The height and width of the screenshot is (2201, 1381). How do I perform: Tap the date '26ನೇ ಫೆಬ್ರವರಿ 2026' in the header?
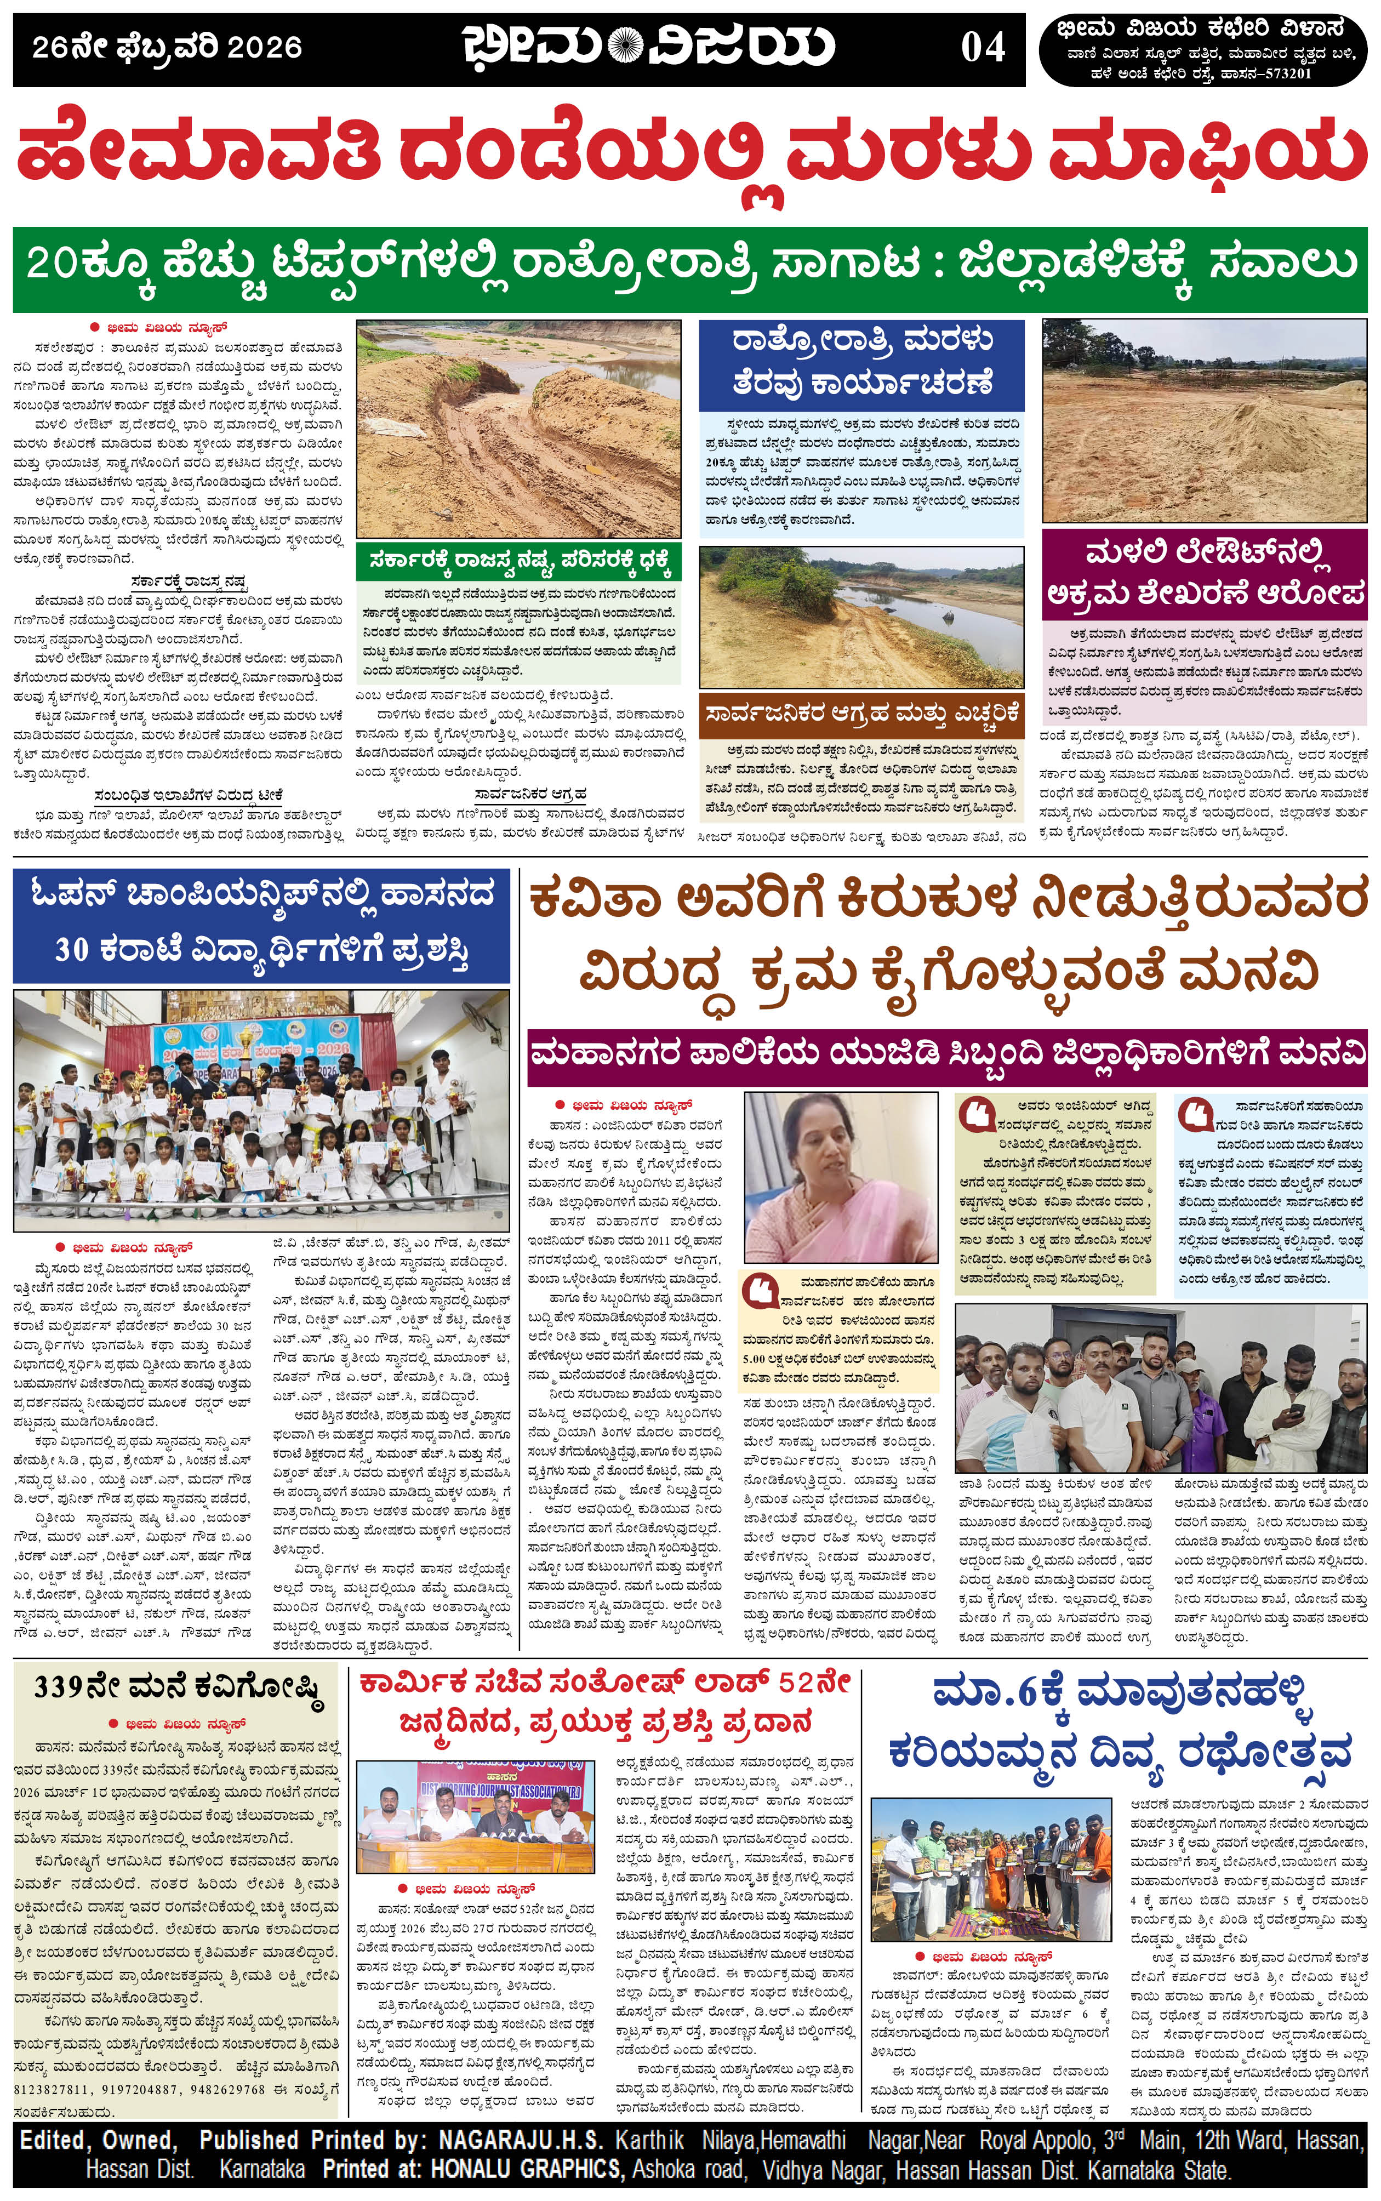[167, 48]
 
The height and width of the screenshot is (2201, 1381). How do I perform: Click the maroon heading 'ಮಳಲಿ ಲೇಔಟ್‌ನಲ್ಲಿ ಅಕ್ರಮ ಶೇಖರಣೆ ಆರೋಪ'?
[1205, 573]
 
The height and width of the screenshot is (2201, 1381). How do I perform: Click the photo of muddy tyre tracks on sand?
[518, 429]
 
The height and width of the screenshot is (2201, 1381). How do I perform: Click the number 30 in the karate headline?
[71, 950]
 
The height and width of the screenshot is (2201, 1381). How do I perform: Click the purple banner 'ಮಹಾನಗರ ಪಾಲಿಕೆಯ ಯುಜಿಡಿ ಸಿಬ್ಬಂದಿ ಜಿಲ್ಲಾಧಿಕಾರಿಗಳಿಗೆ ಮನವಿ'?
[946, 1053]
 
